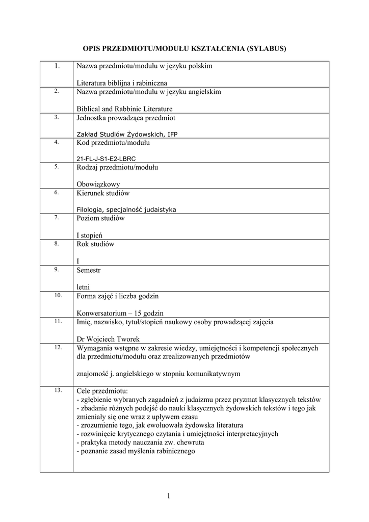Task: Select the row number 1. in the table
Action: coord(57,66)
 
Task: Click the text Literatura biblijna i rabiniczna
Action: coord(122,83)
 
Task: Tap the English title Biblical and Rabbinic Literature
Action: coord(125,109)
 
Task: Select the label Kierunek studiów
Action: coord(103,193)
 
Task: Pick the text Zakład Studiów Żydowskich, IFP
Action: coord(127,134)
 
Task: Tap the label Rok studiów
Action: coord(96,244)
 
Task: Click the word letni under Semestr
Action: coord(84,288)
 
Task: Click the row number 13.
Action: coord(57,390)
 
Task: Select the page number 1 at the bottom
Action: coord(167,497)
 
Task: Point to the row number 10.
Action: coord(57,295)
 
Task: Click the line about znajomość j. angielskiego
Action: coord(158,374)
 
